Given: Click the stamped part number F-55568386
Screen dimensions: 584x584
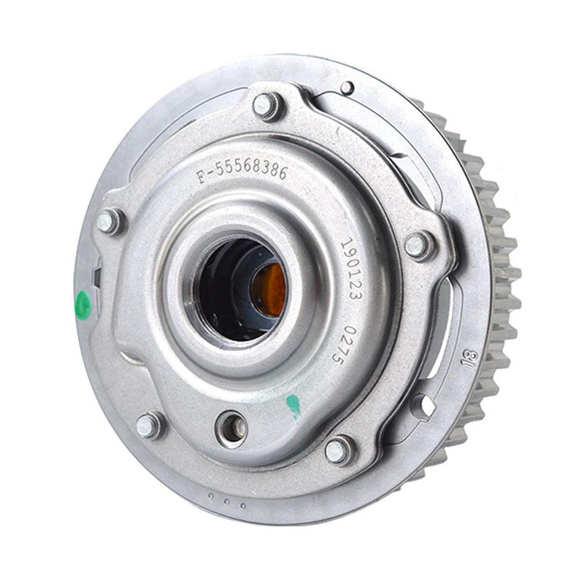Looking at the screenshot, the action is (x=242, y=172).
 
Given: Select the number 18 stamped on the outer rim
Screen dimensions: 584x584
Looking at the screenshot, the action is (x=470, y=358).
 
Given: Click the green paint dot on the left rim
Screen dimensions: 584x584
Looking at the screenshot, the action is (x=83, y=305).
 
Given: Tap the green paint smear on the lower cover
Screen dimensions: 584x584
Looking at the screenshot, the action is (x=294, y=406).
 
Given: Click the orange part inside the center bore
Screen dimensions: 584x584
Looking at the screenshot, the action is (x=269, y=290).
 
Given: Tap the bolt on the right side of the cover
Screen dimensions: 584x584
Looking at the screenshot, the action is (x=418, y=245).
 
